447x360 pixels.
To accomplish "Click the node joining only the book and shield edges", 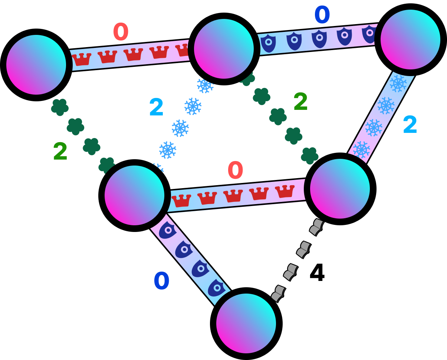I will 246,323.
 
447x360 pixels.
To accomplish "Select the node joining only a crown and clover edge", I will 36,65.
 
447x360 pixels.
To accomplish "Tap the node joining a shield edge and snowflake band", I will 410,39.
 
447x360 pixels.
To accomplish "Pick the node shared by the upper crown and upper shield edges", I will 224,49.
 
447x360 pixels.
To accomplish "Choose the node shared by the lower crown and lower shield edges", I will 134,195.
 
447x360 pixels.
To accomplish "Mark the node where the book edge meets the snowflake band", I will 340,189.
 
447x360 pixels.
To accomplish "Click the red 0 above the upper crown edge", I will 121,32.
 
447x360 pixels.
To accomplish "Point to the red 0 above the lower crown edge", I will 235,170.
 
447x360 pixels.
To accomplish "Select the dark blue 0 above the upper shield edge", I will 322,15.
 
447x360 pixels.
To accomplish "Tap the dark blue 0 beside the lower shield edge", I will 161,281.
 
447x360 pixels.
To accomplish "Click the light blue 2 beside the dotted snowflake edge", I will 156,107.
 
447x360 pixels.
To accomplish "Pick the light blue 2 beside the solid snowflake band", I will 410,124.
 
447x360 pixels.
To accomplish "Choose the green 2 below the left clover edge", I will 60,151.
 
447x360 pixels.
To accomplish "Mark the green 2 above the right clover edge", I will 300,101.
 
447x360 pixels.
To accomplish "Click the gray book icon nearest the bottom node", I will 278,294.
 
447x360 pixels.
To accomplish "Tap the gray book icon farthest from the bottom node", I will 316,227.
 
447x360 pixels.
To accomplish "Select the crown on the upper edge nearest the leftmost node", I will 82,59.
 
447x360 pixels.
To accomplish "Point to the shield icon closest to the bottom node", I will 217,288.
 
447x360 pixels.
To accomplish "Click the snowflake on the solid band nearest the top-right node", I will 398,83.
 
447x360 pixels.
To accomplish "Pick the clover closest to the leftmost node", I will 60,107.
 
